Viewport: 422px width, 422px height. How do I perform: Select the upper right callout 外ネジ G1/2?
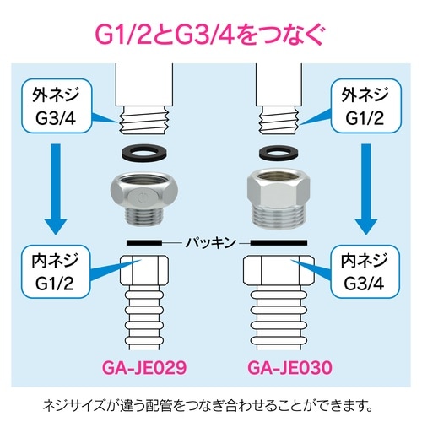pyautogui.click(x=367, y=105)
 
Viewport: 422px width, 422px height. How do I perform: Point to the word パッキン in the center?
pyautogui.click(x=211, y=242)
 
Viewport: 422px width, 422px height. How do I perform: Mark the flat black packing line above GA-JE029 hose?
pyautogui.click(x=151, y=243)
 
